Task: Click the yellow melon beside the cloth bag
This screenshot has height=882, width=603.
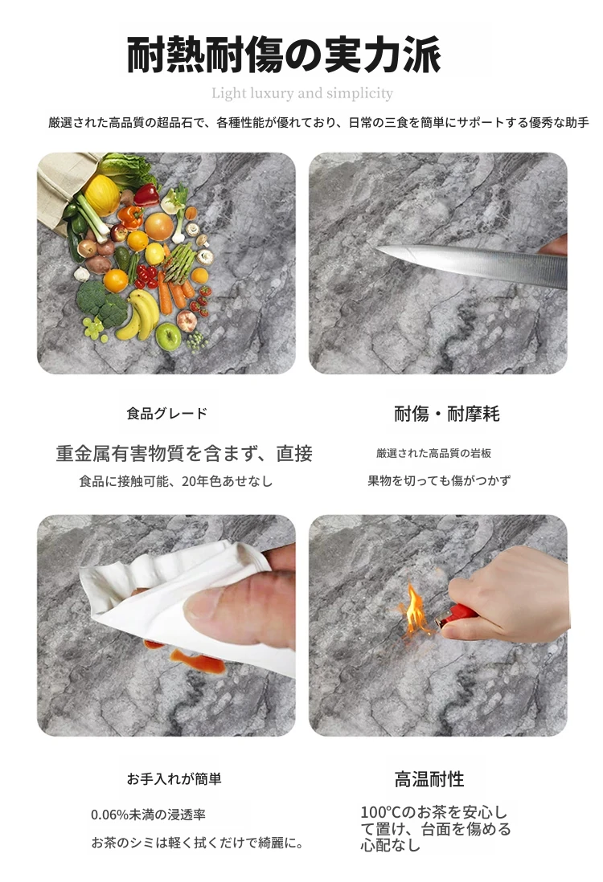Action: coord(102,194)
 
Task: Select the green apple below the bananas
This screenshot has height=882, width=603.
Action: coord(168,337)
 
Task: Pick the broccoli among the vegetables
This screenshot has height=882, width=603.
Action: coord(102,304)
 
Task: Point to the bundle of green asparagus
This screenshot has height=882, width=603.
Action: coord(179,263)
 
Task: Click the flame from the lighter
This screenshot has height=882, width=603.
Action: coord(414,609)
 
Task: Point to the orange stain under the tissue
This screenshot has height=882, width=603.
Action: coord(197,661)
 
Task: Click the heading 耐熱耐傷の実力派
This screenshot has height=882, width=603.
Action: coord(284,55)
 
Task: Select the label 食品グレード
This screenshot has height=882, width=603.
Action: coord(167,414)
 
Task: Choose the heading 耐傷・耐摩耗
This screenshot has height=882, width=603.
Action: coord(446,414)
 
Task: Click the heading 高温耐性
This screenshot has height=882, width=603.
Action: coord(429,780)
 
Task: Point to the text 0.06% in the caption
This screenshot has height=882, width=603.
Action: coord(110,815)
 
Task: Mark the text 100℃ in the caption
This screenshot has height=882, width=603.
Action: coord(380,812)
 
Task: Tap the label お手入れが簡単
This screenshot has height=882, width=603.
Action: coord(174,779)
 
